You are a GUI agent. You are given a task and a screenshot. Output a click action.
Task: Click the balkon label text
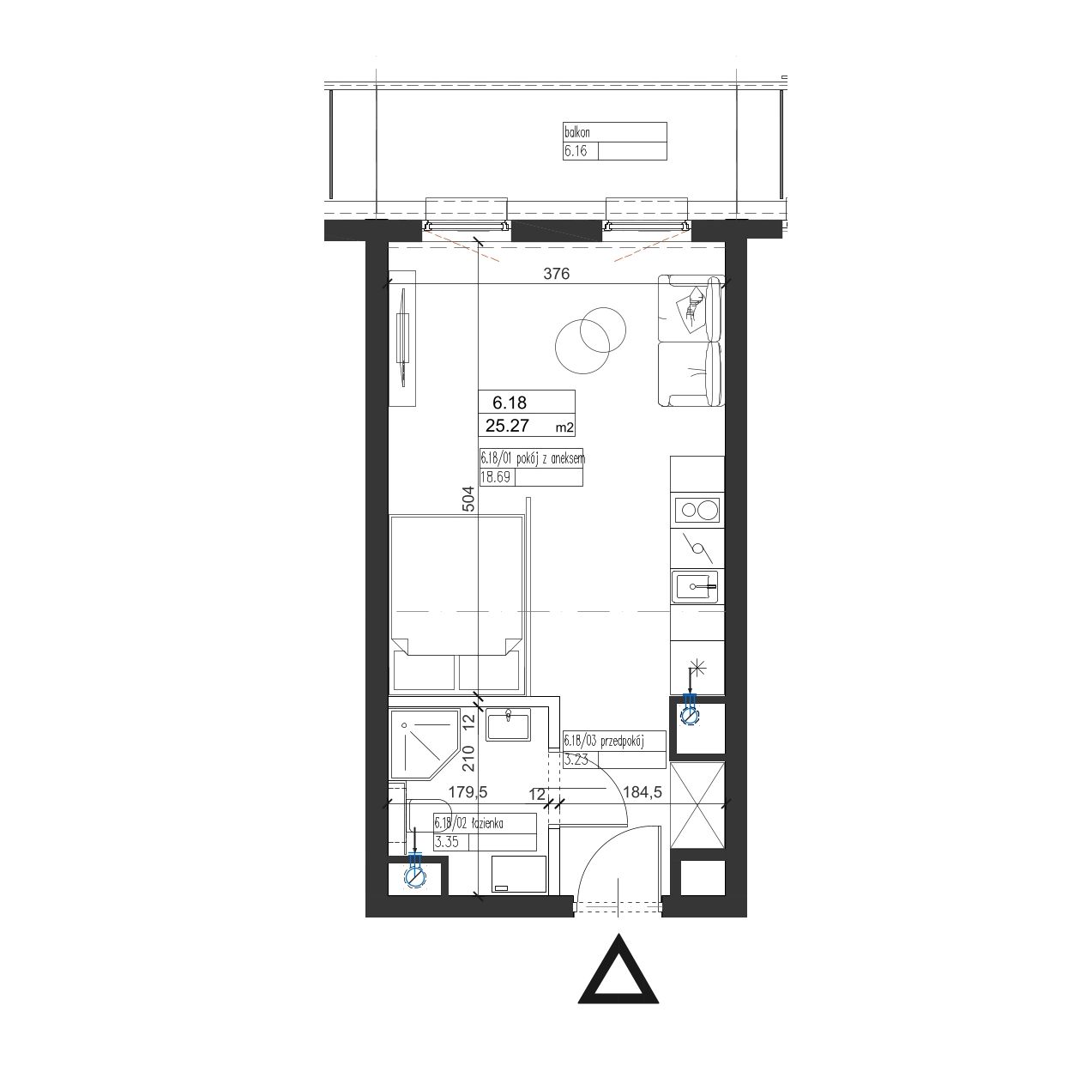[576, 133]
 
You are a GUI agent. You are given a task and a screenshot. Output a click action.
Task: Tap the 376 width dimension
[557, 274]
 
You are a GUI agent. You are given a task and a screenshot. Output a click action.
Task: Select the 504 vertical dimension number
[468, 499]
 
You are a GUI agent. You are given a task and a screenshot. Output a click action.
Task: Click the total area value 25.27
[507, 427]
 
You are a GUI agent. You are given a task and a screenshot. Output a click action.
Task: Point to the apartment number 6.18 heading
[510, 403]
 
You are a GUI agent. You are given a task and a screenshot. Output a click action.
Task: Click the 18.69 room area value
[496, 477]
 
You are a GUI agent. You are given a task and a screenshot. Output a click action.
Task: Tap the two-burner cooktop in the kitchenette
[697, 510]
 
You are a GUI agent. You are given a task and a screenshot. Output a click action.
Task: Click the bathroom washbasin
[508, 725]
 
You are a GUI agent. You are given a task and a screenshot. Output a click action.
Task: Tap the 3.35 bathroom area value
[446, 842]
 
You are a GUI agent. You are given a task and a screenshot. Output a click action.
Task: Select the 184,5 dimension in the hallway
[643, 792]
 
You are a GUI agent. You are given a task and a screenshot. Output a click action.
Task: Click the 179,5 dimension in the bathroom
[468, 792]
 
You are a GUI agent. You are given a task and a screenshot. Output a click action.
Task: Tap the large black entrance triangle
[618, 968]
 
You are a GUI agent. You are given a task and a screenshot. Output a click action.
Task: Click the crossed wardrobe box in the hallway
[697, 805]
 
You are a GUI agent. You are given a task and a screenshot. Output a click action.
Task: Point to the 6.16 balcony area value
[576, 151]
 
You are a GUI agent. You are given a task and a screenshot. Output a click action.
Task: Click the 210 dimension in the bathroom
[468, 758]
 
